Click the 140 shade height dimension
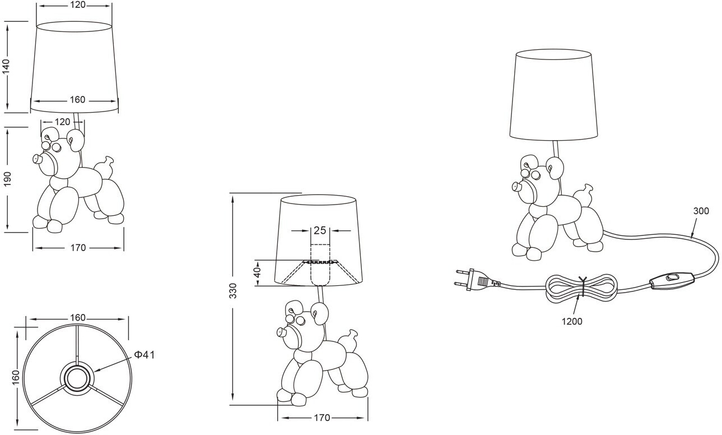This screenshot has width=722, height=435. (7, 67)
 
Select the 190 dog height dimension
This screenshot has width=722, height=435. (7, 179)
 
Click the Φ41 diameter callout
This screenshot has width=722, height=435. (144, 355)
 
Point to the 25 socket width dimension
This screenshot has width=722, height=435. (320, 230)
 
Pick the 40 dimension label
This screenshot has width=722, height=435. (258, 272)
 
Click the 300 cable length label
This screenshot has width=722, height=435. (701, 211)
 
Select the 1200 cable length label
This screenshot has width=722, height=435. (572, 322)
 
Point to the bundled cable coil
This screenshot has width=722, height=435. (581, 288)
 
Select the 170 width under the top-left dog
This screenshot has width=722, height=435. (78, 248)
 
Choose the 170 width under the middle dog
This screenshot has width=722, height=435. (322, 418)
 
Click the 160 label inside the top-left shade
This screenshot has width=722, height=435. (78, 100)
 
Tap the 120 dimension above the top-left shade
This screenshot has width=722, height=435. (78, 5)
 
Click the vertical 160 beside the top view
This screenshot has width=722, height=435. (16, 377)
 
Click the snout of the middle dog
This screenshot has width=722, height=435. (283, 332)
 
